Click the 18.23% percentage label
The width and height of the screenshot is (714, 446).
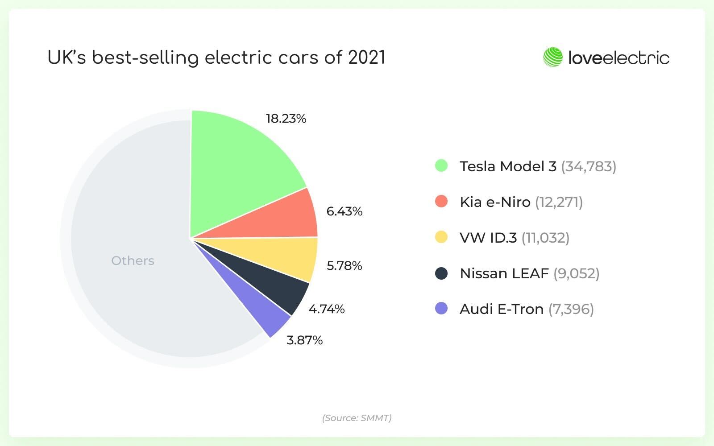pyautogui.click(x=286, y=119)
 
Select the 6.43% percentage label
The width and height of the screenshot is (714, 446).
pyautogui.click(x=344, y=211)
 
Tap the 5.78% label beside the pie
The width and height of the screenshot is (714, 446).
pyautogui.click(x=344, y=266)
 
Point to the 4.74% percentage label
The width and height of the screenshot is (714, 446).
pyautogui.click(x=327, y=309)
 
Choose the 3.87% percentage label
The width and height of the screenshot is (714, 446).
pyautogui.click(x=304, y=340)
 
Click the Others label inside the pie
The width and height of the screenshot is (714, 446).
pyautogui.click(x=133, y=260)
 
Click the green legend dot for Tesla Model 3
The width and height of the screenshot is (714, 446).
pyautogui.click(x=441, y=166)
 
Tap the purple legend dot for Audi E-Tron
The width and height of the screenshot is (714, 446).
pyautogui.click(x=441, y=309)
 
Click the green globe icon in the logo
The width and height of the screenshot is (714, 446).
pyautogui.click(x=552, y=58)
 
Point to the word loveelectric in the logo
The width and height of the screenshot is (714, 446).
pyautogui.click(x=619, y=58)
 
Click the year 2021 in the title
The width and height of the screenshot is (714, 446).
pyautogui.click(x=366, y=58)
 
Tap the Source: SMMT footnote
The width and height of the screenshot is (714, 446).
pyautogui.click(x=357, y=418)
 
